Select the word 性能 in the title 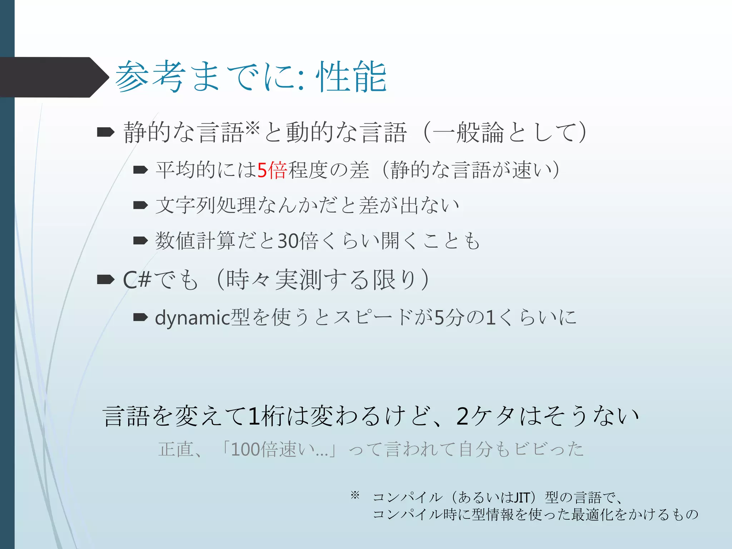[351, 77]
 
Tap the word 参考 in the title [150, 77]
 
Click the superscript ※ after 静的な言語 [253, 128]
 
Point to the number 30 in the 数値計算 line [288, 241]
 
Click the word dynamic [193, 318]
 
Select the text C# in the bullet [137, 280]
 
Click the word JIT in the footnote [521, 497]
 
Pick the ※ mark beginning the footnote [355, 495]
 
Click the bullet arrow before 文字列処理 [140, 205]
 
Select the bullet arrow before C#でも [105, 280]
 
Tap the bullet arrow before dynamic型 [140, 317]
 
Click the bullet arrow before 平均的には [140, 170]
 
